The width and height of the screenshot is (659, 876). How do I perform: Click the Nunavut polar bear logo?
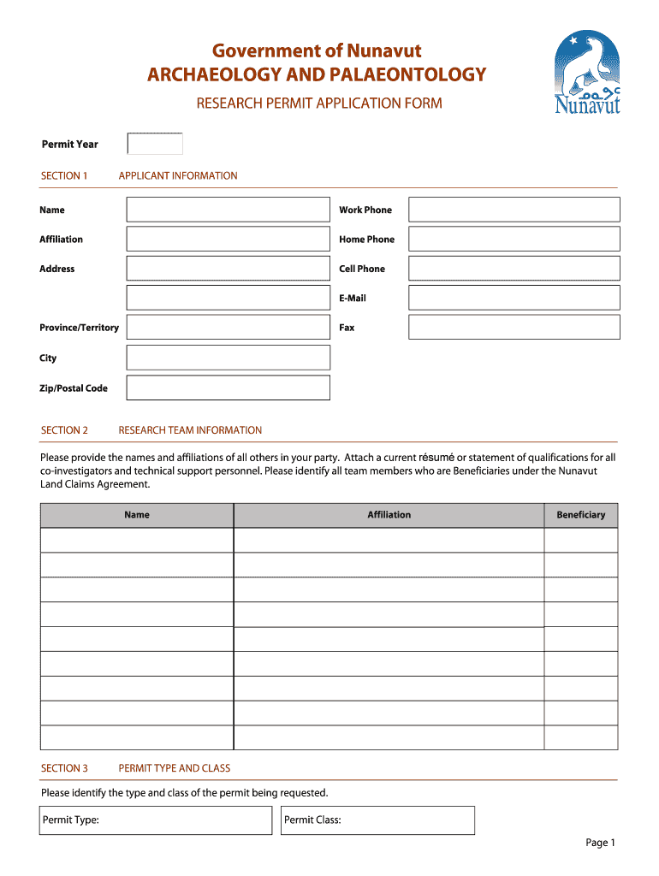587,73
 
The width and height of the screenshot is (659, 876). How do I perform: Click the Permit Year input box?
155,144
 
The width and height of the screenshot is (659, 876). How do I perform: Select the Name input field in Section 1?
228,210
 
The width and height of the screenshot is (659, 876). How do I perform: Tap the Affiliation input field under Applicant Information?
228,240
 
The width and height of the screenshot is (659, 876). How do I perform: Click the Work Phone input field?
514,210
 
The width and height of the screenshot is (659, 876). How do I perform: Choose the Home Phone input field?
514,240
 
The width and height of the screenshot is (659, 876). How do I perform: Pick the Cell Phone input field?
514,269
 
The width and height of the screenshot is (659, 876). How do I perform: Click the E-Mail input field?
514,298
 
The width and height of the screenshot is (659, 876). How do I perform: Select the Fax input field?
514,328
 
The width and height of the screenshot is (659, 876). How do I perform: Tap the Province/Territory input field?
228,328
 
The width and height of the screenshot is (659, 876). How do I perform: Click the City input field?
228,358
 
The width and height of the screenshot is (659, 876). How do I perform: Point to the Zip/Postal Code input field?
228,388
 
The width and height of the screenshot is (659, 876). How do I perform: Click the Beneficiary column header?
580,515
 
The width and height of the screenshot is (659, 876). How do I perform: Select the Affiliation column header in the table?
389,515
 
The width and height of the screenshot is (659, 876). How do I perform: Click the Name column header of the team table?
137,515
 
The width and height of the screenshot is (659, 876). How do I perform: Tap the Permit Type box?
156,820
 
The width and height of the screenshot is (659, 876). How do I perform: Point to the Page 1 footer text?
600,843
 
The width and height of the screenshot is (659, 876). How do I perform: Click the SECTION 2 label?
64,430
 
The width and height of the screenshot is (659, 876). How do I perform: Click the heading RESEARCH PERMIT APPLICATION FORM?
319,104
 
